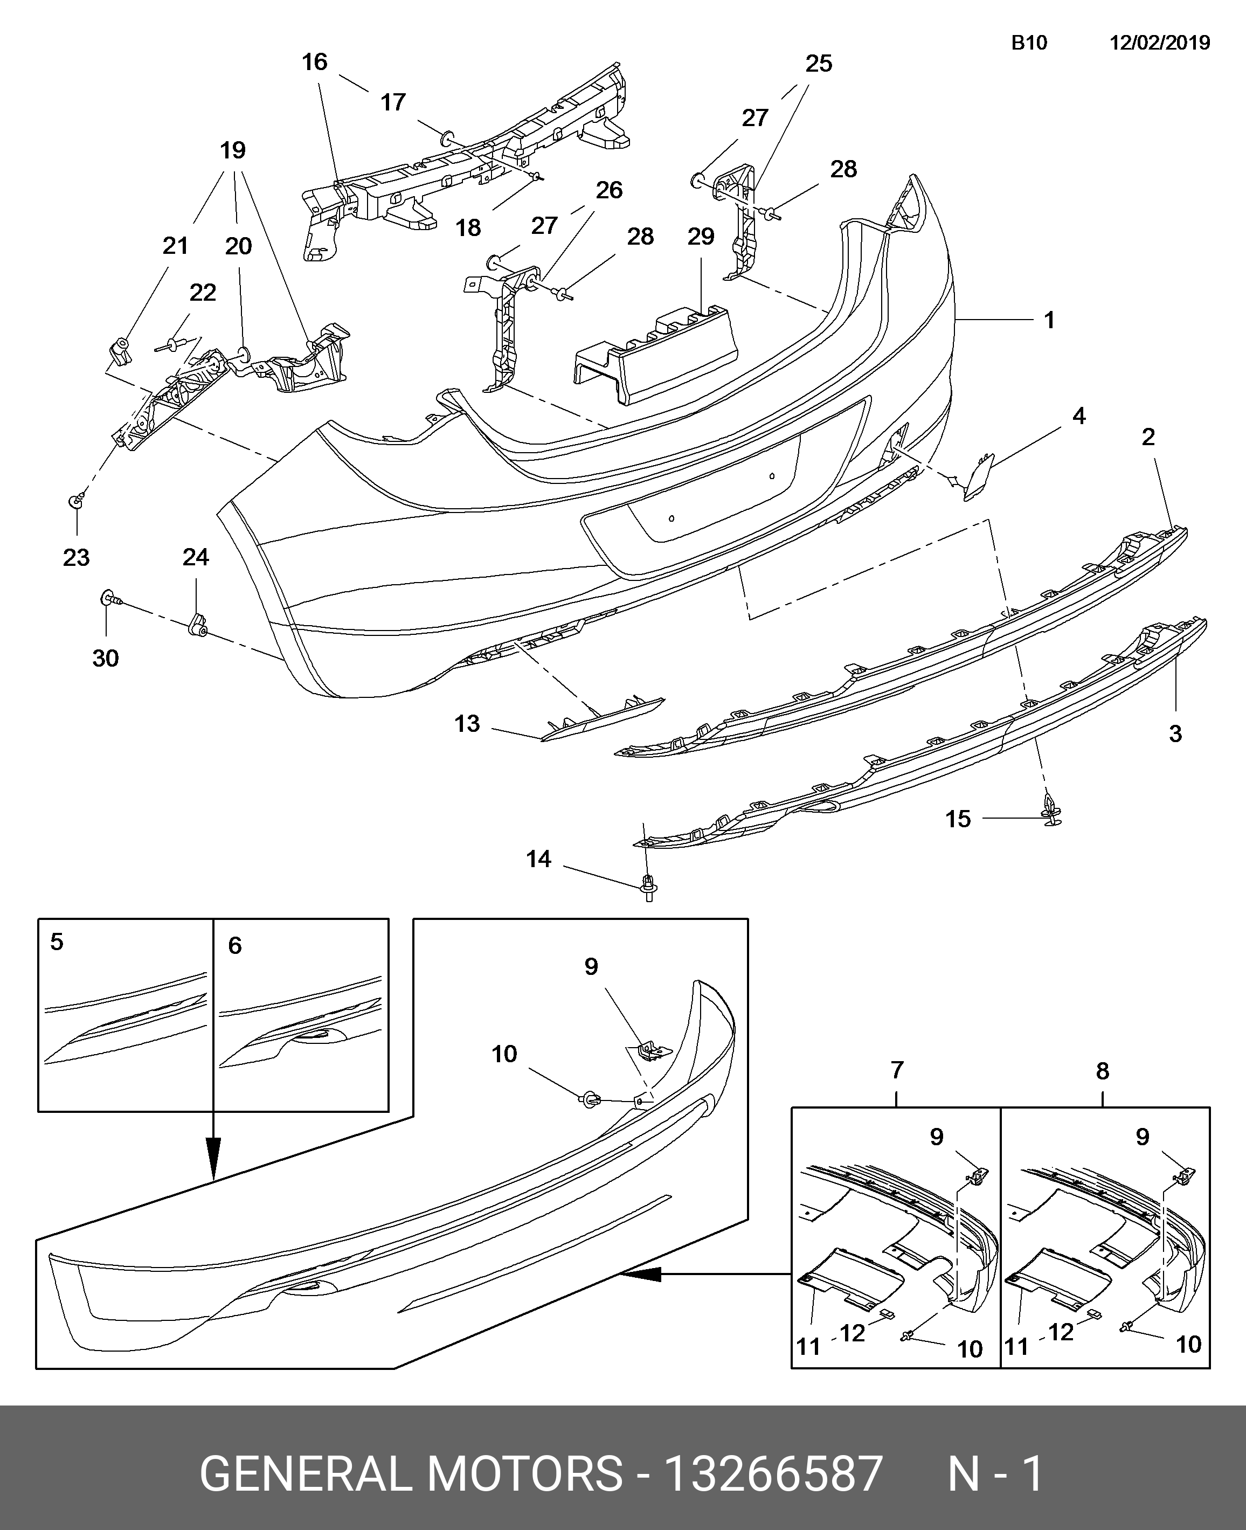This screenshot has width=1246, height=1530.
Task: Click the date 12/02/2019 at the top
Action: pos(1160,43)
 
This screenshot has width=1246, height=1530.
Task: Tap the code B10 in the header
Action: pos(1029,43)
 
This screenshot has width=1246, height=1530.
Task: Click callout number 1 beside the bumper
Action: pos(1049,320)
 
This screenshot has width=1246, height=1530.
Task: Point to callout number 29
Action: pos(701,236)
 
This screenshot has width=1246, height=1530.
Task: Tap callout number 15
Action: pos(958,819)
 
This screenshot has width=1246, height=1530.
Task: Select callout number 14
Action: pos(538,859)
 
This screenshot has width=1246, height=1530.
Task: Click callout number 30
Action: pos(106,658)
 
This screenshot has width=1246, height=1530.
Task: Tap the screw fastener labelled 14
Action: pos(649,889)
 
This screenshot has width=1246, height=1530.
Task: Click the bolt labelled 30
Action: pos(110,597)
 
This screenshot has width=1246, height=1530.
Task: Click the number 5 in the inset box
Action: pos(57,941)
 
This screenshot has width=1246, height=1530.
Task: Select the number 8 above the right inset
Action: pos(1103,1091)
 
